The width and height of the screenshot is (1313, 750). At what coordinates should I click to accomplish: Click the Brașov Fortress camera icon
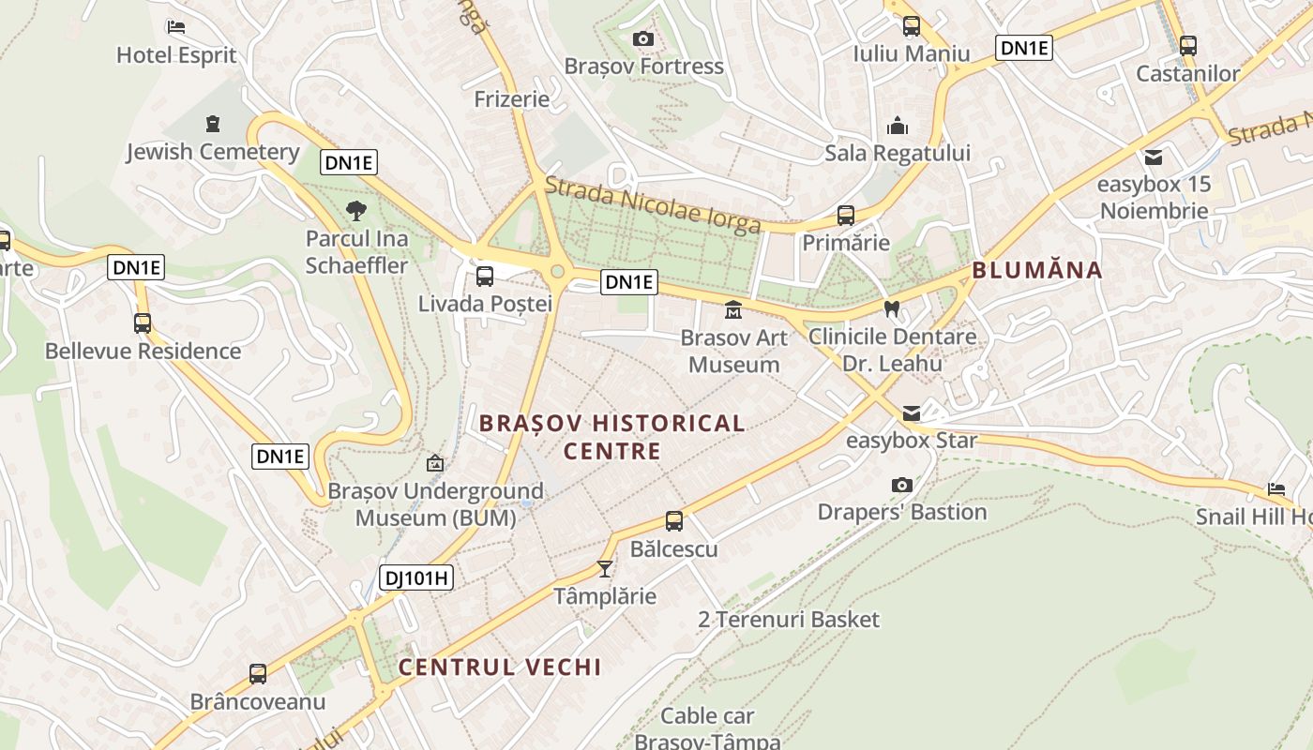click(x=642, y=38)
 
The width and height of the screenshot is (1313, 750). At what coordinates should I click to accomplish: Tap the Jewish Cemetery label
click(x=213, y=152)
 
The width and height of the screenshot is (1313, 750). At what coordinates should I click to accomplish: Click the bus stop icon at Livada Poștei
click(x=485, y=277)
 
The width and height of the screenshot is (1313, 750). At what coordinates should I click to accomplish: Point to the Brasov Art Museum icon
click(x=733, y=309)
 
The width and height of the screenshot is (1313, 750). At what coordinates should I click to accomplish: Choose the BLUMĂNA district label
click(x=1036, y=271)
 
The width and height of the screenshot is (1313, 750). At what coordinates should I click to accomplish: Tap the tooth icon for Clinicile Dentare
click(x=892, y=308)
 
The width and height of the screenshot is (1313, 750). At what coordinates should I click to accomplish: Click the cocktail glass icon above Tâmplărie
click(x=605, y=568)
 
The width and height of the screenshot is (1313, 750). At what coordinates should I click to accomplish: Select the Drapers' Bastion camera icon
click(x=902, y=485)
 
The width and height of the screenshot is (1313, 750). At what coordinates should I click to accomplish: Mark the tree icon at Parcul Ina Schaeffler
click(x=356, y=210)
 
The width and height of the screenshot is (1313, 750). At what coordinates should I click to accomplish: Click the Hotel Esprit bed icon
click(x=176, y=27)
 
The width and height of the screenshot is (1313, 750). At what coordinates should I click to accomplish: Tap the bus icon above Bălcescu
click(x=673, y=521)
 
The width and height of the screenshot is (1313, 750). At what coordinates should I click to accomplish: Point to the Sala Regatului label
click(x=898, y=153)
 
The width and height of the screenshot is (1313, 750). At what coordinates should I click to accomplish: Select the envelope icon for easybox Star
click(x=912, y=413)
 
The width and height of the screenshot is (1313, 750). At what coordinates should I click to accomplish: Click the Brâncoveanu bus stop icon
click(x=258, y=673)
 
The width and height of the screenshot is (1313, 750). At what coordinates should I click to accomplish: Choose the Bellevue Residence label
click(x=143, y=352)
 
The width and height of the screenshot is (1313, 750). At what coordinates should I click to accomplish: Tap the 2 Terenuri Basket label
click(x=789, y=620)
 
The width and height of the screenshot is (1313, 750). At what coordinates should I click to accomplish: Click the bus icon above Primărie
click(x=846, y=216)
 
